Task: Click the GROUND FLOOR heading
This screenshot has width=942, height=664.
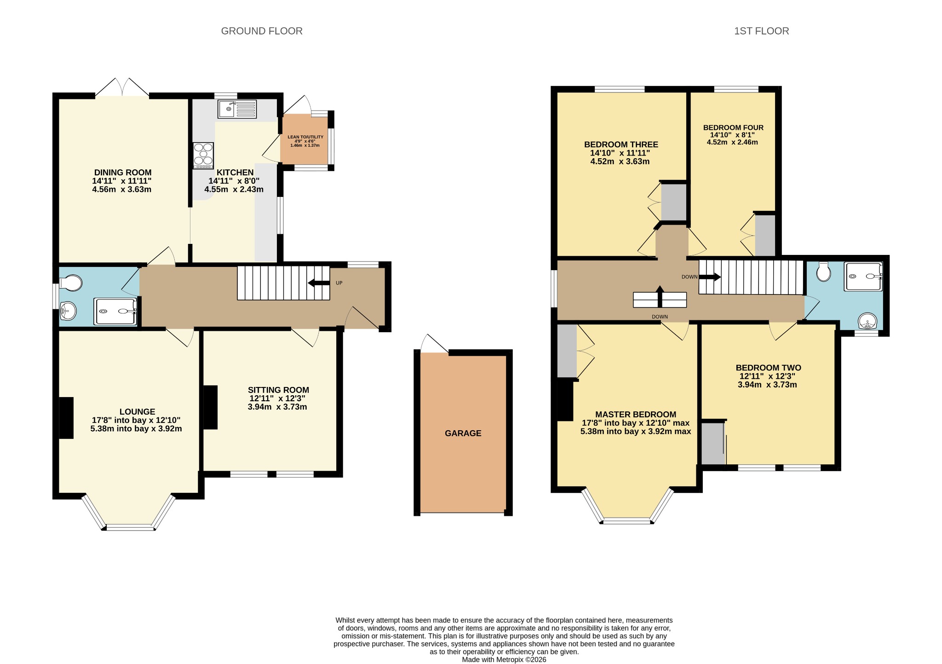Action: [x=262, y=31]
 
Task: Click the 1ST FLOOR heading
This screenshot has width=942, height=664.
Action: [x=761, y=31]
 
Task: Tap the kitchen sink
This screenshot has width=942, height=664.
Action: [x=238, y=109]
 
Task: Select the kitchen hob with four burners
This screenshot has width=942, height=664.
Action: [x=204, y=155]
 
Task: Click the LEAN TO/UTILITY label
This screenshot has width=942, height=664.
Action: [x=305, y=137]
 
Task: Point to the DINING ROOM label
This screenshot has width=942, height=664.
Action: [x=123, y=173]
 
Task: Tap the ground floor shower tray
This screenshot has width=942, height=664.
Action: [x=115, y=312]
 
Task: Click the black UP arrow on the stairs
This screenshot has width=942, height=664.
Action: [x=319, y=283]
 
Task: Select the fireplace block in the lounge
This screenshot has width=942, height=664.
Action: [x=66, y=417]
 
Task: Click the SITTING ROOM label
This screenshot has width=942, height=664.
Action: [x=278, y=390]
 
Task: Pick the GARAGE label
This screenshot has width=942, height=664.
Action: [x=463, y=433]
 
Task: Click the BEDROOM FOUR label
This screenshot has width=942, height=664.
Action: [x=733, y=127]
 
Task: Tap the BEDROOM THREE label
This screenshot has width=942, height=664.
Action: [x=621, y=144]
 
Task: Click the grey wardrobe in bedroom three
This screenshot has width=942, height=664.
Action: [x=673, y=202]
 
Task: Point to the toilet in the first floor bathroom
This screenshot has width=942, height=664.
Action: [x=824, y=271]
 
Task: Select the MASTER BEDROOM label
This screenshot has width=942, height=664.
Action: [x=636, y=415]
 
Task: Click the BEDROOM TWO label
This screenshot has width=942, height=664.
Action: [x=768, y=368]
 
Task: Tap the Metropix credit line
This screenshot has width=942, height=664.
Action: [x=504, y=659]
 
